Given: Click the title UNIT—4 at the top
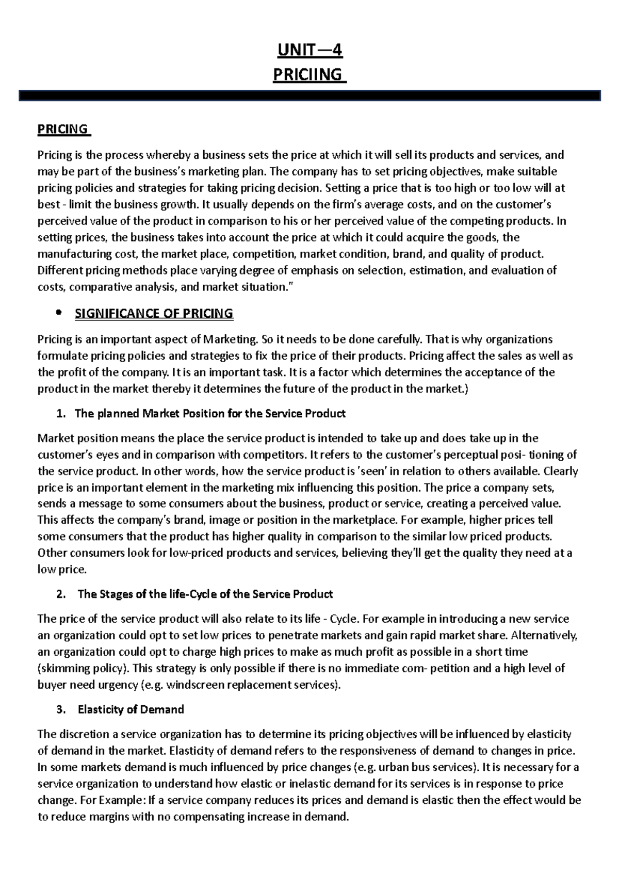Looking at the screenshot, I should point(309,51).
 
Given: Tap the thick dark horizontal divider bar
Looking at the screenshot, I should point(309,95).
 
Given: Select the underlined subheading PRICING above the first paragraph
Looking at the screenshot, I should point(62,129).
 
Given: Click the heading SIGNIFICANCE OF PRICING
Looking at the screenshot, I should point(154,313).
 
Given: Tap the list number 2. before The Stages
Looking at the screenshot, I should point(61,594).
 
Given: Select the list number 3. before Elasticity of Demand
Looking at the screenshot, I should point(61,709).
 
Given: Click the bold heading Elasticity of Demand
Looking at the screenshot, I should point(131,709).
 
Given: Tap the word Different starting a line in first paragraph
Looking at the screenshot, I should point(58,270).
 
